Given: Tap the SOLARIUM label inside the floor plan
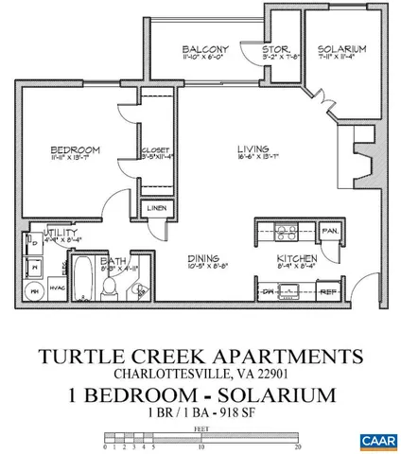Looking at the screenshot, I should point(341,49).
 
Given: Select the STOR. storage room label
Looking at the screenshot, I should point(276,49).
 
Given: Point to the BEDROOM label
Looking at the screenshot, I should point(76,149).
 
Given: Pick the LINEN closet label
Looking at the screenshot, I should point(155,209).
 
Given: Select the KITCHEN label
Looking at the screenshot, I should point(295,258).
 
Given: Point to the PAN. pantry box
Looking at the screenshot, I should point(331,230).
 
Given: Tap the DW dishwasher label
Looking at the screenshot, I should point(268,291).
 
